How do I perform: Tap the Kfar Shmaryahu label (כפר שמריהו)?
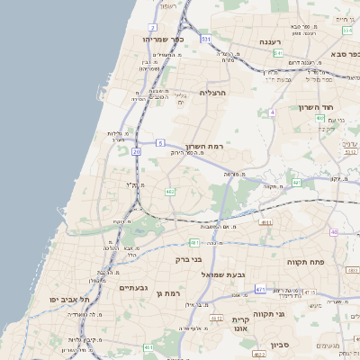click(x=163, y=40)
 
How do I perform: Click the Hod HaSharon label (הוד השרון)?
click(x=317, y=106)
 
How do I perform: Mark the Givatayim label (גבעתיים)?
click(x=135, y=287)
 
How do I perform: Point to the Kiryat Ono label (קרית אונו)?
click(x=239, y=325)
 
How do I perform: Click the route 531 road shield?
click(x=206, y=40)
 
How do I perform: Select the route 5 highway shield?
click(x=159, y=142)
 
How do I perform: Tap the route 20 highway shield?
click(x=137, y=152)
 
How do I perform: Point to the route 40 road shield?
click(x=334, y=231)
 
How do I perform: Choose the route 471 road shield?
click(x=260, y=289)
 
